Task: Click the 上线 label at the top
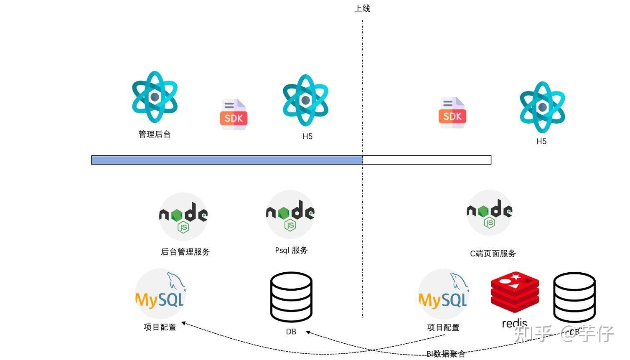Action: [362, 8]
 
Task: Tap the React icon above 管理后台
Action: [155, 97]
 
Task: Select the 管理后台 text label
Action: [155, 134]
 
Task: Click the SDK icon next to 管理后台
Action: [234, 115]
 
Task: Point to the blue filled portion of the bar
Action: [227, 160]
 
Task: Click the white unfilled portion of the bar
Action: [427, 160]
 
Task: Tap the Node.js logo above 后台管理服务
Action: [183, 216]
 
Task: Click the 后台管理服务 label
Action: [185, 252]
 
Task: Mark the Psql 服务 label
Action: [291, 250]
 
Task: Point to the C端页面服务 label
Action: [493, 254]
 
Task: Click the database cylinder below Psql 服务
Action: [291, 297]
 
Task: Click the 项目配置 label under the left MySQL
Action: [160, 327]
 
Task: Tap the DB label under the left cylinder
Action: [291, 332]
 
